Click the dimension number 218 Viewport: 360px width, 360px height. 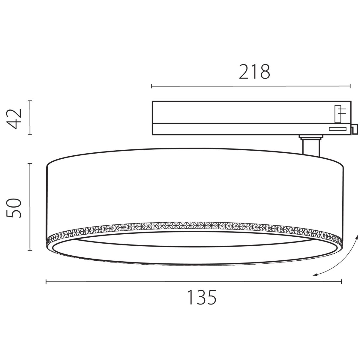tap(254, 72)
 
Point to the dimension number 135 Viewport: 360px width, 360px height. tap(201, 297)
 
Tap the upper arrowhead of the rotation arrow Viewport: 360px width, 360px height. tap(357, 236)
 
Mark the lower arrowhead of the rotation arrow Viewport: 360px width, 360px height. tap(314, 274)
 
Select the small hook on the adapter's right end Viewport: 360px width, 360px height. tap(354, 129)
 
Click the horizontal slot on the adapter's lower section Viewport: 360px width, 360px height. tap(337, 129)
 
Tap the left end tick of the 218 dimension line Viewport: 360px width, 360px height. tap(152, 86)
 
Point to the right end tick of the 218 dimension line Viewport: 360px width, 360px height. tap(350, 86)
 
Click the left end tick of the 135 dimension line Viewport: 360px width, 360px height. tap(46, 281)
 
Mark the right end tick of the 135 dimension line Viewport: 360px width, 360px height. tap(341, 281)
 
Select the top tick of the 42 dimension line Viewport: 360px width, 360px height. tap(30, 101)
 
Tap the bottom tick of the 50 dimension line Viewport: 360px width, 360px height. tap(30, 250)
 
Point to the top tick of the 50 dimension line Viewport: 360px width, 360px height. tap(30, 163)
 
